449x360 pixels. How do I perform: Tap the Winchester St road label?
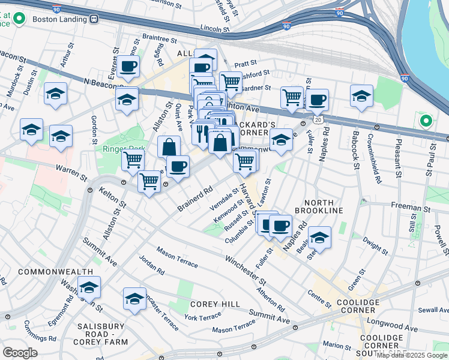(246, 269)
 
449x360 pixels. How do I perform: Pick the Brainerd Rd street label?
(195, 199)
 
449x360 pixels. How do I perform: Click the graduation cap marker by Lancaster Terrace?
(134, 298)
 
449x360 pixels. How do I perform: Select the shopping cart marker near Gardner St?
(230, 82)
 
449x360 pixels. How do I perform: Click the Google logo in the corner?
(20, 353)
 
